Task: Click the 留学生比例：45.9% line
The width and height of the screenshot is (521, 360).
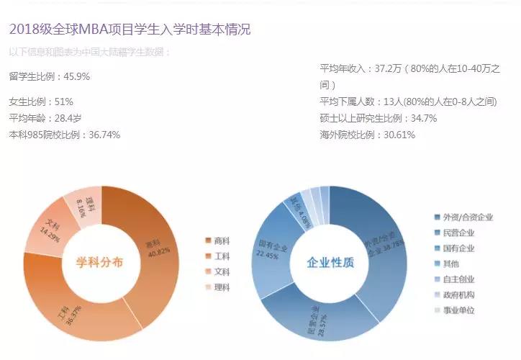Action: click(x=50, y=76)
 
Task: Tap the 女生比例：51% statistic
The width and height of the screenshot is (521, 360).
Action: click(x=41, y=102)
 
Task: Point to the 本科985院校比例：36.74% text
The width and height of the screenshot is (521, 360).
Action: click(x=65, y=135)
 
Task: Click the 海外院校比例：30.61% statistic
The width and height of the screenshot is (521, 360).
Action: click(x=368, y=135)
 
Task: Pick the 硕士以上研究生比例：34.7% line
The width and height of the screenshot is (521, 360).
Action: click(x=379, y=118)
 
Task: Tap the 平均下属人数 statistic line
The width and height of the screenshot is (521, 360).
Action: click(x=408, y=102)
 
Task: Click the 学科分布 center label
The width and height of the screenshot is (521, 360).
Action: click(x=100, y=263)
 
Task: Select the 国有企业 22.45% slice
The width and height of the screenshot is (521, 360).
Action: click(x=270, y=248)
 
